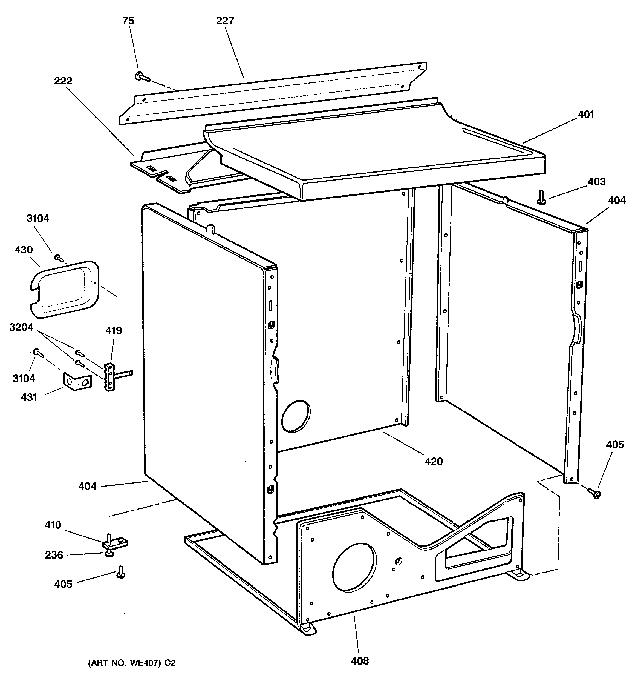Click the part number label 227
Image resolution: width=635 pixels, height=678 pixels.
[225, 21]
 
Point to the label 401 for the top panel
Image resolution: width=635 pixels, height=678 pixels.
[585, 115]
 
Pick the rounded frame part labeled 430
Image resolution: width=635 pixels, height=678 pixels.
[65, 290]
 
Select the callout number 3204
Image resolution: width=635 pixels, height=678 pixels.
[21, 327]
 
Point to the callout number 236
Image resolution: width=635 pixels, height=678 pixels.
[54, 555]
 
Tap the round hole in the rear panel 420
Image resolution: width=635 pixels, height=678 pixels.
[296, 416]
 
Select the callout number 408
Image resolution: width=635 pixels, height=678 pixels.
[360, 661]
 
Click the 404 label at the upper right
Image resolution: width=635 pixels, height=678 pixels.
[617, 200]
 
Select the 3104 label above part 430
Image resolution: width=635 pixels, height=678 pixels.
[38, 218]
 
